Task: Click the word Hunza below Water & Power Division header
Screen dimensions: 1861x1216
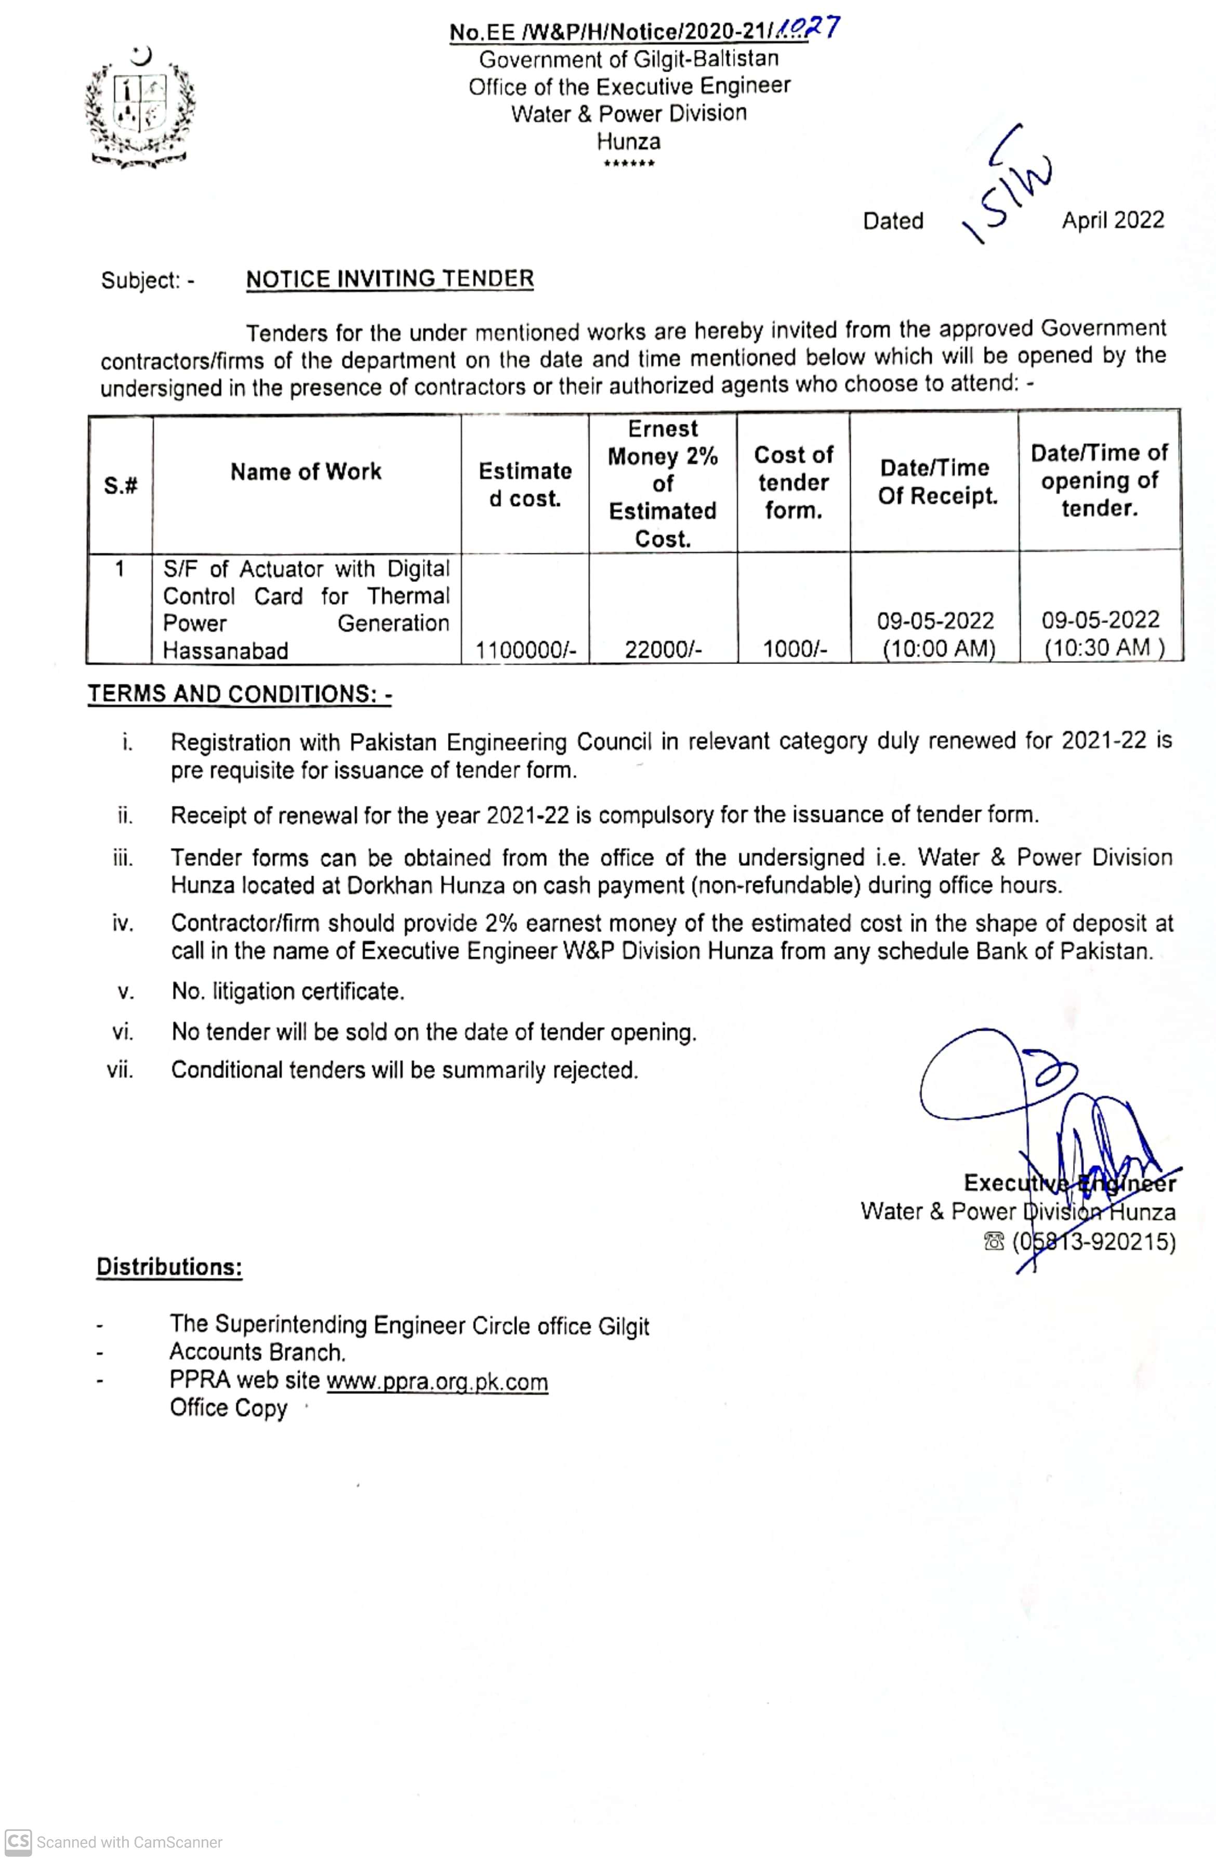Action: pyautogui.click(x=629, y=141)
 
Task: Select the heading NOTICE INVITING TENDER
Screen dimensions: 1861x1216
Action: pyautogui.click(x=389, y=279)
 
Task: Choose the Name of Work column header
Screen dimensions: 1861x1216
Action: pyautogui.click(x=306, y=472)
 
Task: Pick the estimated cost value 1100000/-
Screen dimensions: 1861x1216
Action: pyautogui.click(x=525, y=649)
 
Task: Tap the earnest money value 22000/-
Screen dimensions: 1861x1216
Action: pyautogui.click(x=663, y=649)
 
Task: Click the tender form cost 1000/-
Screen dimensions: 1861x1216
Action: pyautogui.click(x=795, y=649)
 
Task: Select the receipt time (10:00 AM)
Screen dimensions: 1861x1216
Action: pyautogui.click(x=939, y=649)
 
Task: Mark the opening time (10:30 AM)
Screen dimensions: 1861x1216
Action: pyautogui.click(x=1103, y=647)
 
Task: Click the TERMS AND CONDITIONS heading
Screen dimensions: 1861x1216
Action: pyautogui.click(x=239, y=694)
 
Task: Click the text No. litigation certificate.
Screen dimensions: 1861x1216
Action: pyautogui.click(x=288, y=991)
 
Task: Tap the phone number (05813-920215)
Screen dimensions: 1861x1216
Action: pyautogui.click(x=1093, y=1242)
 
